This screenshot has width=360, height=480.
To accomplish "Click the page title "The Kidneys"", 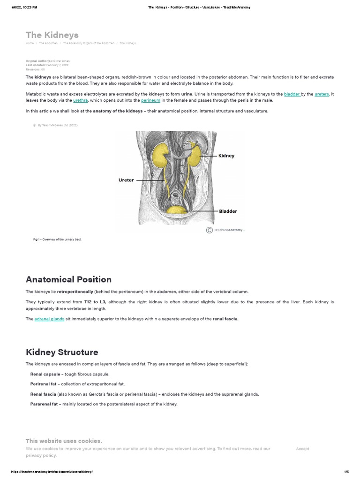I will (x=52, y=35).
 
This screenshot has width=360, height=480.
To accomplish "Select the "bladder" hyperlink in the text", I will (x=292, y=94).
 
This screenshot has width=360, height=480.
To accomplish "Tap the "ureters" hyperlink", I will (x=322, y=94).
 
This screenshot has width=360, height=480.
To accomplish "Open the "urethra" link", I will (x=81, y=100).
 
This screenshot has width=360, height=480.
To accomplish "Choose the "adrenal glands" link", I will (x=49, y=319).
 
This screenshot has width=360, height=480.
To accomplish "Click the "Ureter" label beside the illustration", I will (x=126, y=180).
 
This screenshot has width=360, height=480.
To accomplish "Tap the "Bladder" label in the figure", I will (x=228, y=211).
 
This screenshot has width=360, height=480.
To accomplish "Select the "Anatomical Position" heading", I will (x=68, y=280).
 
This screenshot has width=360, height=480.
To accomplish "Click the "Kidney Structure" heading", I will (x=62, y=352).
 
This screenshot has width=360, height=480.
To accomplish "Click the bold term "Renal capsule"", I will (x=45, y=374).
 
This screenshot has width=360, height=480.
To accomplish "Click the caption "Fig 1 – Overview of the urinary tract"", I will (x=57, y=239).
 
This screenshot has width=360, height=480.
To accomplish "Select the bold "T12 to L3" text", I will (x=95, y=301).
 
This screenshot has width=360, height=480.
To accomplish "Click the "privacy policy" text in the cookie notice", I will (x=41, y=455).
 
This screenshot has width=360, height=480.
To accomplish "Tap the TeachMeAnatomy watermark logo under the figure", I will (x=225, y=230).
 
